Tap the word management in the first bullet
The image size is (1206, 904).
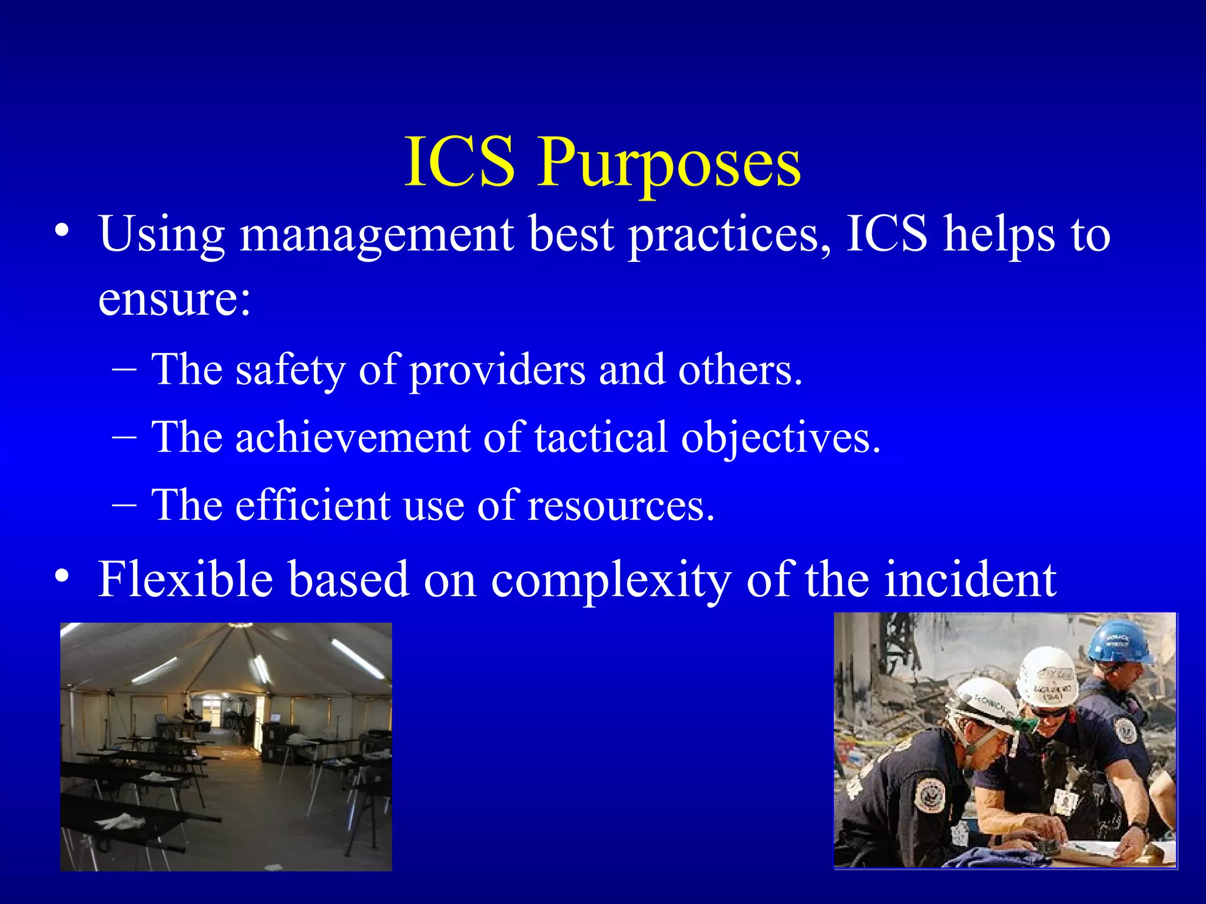[x=377, y=234]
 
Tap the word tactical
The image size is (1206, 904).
[x=601, y=438]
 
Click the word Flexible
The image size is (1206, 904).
[x=185, y=579]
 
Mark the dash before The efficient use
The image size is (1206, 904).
[x=124, y=505]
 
